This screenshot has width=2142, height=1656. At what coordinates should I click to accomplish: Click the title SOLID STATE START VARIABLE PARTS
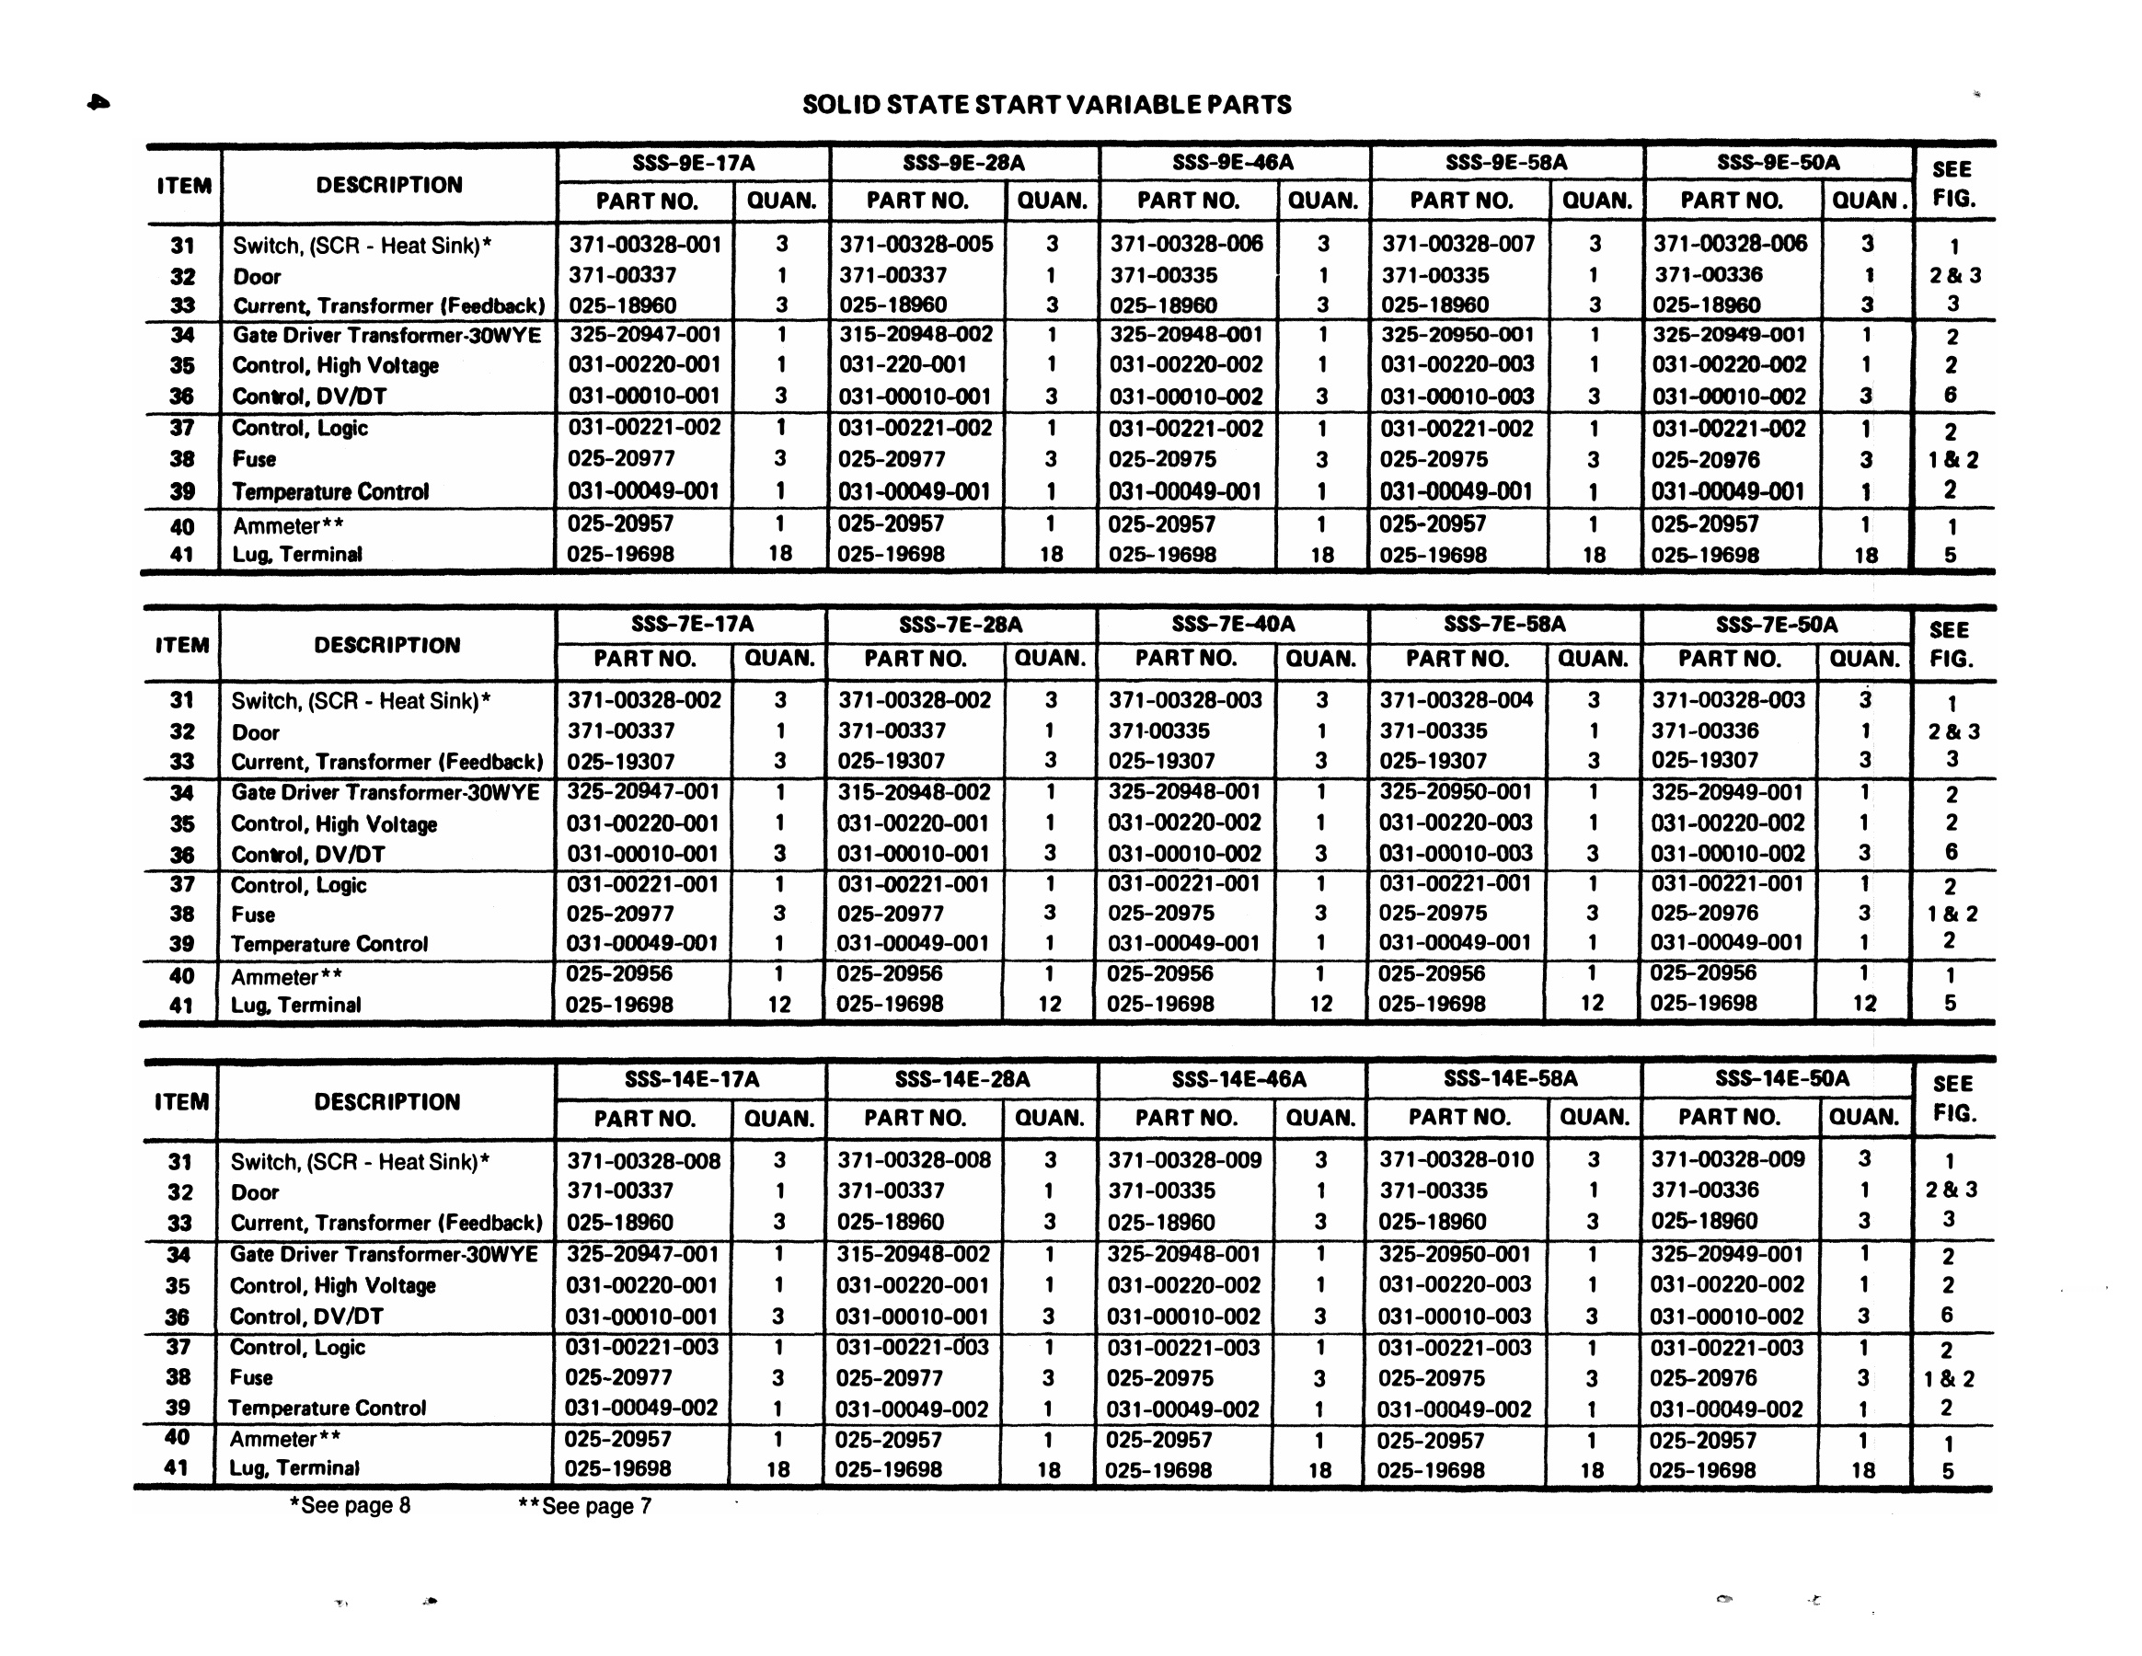[1046, 105]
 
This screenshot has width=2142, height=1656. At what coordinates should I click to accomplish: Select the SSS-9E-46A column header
[1232, 162]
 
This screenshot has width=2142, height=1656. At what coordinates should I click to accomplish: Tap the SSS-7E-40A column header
[1233, 625]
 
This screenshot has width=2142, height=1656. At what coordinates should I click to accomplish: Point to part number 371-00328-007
[1457, 244]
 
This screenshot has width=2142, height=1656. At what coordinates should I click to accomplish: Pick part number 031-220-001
[903, 364]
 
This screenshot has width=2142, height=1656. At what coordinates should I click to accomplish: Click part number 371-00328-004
[1457, 700]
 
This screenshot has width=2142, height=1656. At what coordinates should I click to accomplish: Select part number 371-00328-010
[1457, 1160]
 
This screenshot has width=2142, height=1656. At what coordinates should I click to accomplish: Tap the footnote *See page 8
[351, 1505]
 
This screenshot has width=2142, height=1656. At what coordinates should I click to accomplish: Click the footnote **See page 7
[584, 1506]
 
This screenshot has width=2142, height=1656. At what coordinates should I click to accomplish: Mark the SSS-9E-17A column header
[693, 163]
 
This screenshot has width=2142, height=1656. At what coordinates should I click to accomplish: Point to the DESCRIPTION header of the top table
[388, 185]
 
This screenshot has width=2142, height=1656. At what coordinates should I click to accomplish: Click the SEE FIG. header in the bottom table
[1952, 1098]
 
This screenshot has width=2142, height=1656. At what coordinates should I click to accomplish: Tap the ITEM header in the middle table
[181, 645]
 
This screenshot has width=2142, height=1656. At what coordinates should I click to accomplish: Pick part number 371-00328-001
[644, 244]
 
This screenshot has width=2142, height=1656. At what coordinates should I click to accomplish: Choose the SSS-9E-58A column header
[1505, 163]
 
